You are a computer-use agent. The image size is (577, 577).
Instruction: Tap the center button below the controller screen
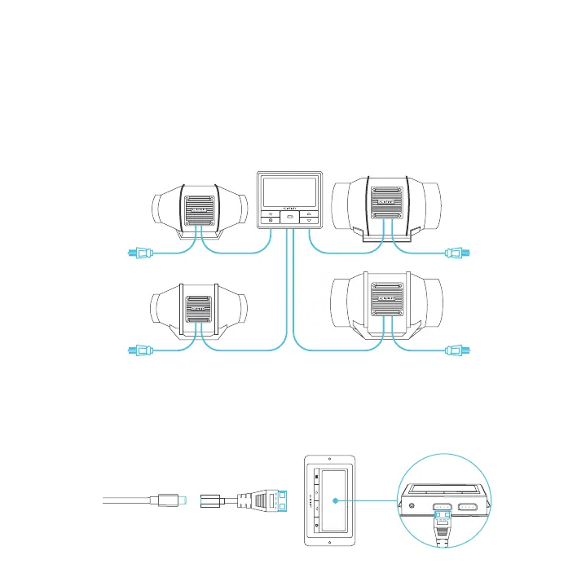pyautogui.click(x=290, y=219)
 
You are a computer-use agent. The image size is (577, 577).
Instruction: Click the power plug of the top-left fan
pyautogui.click(x=138, y=253)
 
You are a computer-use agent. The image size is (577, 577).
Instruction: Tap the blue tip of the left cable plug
pyautogui.click(x=187, y=497)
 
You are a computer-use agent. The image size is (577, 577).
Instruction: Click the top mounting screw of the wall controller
pyautogui.click(x=329, y=461)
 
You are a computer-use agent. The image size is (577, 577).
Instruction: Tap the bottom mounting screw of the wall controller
pyautogui.click(x=329, y=540)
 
